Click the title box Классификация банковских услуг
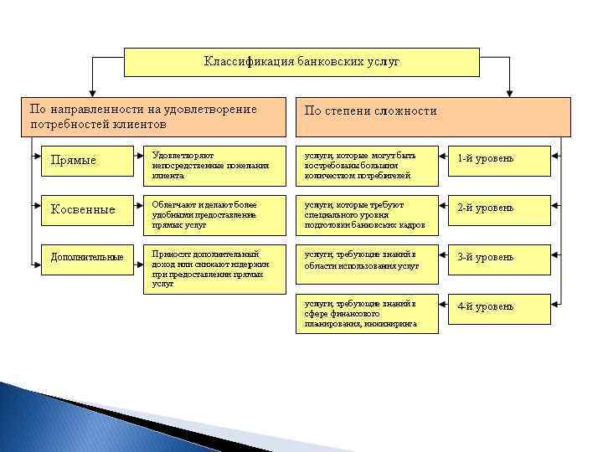[x=301, y=62]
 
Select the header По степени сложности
[x=433, y=116]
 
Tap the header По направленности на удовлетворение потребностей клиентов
[x=156, y=116]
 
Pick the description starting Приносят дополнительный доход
[x=213, y=268]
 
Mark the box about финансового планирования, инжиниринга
[x=366, y=313]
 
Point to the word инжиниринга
[x=389, y=324]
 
